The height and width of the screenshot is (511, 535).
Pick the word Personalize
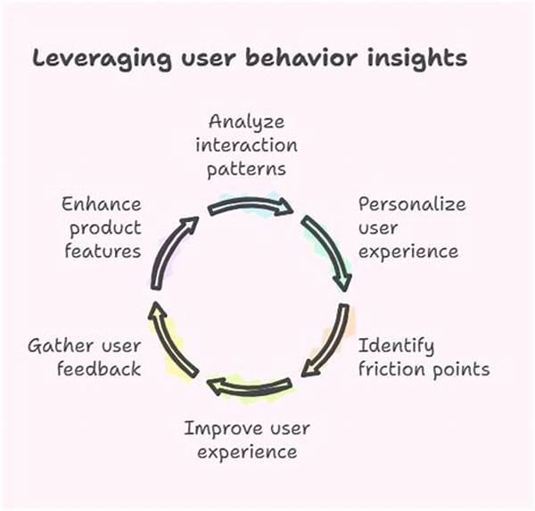point(411,204)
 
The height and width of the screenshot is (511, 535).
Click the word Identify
point(396,345)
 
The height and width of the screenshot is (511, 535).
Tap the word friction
point(392,368)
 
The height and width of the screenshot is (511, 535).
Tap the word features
point(103,251)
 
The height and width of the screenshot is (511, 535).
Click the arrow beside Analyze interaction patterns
point(251,207)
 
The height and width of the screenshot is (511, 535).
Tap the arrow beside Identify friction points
point(328,342)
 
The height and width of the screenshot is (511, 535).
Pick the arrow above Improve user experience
point(250,385)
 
